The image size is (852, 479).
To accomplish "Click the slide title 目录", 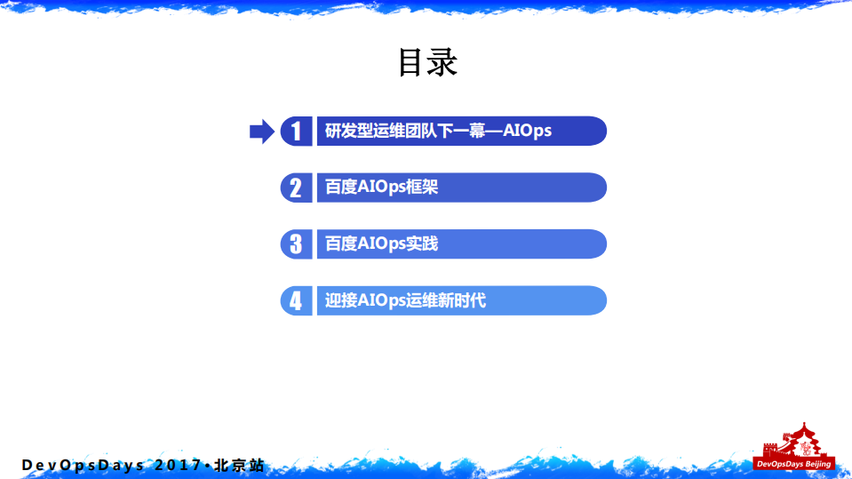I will click(426, 63).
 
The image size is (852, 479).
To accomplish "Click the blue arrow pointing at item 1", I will click(261, 132).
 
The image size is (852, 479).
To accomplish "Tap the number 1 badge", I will click(296, 132).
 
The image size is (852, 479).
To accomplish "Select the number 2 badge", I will click(296, 188).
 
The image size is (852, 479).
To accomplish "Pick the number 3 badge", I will click(296, 243).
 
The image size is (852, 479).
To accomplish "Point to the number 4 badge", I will click(296, 300).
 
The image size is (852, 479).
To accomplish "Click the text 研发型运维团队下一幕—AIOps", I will click(438, 132).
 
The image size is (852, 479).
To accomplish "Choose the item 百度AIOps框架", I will click(381, 188).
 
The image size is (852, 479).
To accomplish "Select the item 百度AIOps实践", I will click(381, 243).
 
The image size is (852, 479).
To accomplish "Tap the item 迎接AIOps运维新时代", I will click(405, 300).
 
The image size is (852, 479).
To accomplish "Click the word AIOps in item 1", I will click(528, 132).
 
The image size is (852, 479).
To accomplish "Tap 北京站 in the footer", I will click(237, 466).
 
